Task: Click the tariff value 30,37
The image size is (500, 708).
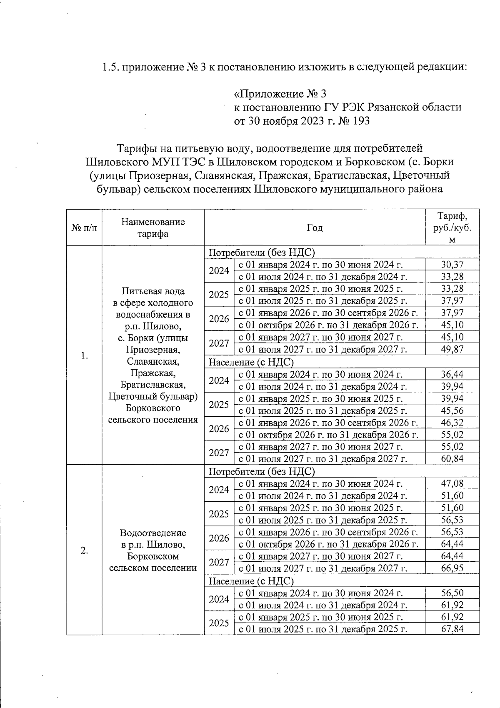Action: click(x=452, y=264)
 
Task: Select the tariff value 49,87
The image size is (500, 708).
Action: click(x=452, y=349)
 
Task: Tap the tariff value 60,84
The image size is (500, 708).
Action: click(x=452, y=459)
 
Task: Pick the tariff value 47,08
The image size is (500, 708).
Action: click(x=452, y=483)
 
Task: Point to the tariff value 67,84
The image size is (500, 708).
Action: click(x=452, y=629)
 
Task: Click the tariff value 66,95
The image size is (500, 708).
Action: click(x=452, y=568)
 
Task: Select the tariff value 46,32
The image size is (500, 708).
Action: click(x=452, y=423)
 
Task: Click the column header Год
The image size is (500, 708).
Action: click(x=315, y=228)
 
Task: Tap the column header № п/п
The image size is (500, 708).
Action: click(x=84, y=228)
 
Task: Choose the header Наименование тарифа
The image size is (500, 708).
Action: click(x=153, y=228)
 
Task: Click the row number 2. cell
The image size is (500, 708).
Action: click(x=84, y=550)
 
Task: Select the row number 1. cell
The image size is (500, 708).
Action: click(x=84, y=355)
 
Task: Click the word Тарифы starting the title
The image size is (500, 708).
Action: click(x=136, y=148)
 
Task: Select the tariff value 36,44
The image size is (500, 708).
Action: click(x=452, y=374)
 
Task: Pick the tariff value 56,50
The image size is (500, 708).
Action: click(x=452, y=593)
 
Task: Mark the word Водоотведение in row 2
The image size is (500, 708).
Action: click(x=153, y=533)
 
